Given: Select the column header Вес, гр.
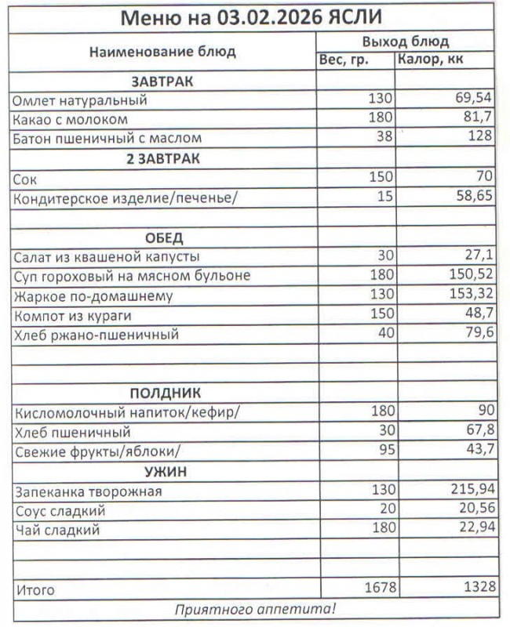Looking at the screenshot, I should coord(344,61).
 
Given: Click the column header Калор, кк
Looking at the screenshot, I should coord(431,61).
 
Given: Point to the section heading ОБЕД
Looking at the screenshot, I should coord(164,237).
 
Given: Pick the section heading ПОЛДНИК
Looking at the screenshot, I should coord(164,393).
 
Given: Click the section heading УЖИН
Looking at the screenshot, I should coord(164,472).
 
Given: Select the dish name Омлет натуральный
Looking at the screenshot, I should coord(79,100).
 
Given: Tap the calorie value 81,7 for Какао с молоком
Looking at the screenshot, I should coord(478,119).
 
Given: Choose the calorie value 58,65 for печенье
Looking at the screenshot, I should coord(473,196).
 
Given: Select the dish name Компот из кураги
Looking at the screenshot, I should coord(71,316).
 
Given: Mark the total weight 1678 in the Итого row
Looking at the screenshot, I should coord(377,588).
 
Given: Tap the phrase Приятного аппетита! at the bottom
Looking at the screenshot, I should coord(254,609).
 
